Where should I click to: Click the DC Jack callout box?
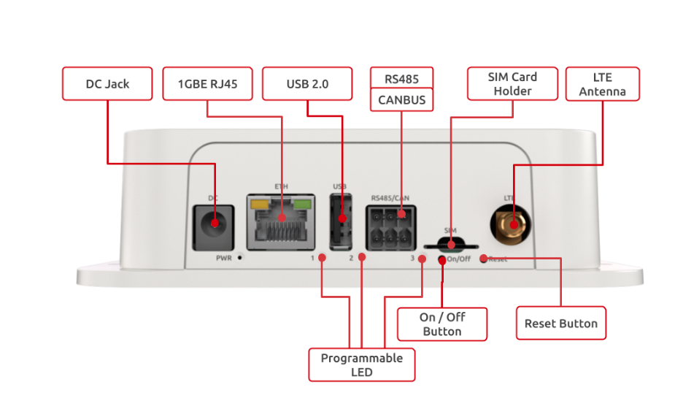[107, 84]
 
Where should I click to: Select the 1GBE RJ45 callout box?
[207, 84]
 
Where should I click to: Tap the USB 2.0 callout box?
[306, 84]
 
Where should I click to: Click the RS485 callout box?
[401, 78]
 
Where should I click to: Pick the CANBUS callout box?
[401, 99]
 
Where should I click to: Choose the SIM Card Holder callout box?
[512, 84]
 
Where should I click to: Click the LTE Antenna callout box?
[603, 84]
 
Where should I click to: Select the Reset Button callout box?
[560, 324]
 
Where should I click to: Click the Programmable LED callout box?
[361, 365]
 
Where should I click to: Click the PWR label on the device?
[223, 258]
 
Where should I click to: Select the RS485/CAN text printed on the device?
[390, 197]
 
